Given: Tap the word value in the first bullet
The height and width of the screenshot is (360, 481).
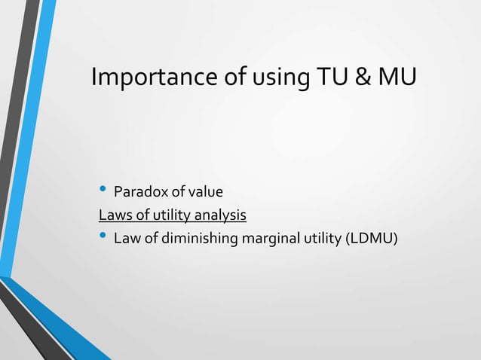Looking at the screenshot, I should (x=206, y=192).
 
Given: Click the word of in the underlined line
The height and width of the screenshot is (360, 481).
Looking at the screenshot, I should (x=139, y=216).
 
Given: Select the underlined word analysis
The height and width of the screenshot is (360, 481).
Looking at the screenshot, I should (x=221, y=216).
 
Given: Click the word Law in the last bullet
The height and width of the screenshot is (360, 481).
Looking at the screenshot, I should (x=126, y=239).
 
